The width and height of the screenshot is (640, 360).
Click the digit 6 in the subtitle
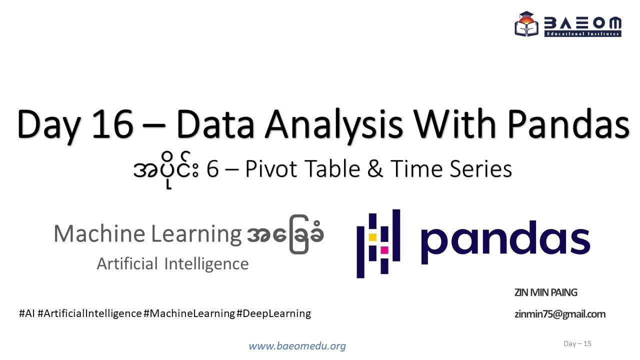coord(212,169)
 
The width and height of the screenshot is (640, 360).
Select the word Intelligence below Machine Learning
coord(206,263)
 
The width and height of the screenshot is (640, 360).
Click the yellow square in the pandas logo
coord(372,236)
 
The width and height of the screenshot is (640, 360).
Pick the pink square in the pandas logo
coord(384,249)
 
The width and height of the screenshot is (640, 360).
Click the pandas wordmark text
coord(505,239)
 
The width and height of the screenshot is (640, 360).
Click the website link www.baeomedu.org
coord(297,346)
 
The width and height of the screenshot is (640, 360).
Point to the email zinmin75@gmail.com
coord(559,314)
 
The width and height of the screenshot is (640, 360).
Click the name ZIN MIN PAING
coord(545,292)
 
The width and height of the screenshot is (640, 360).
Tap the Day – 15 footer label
coord(577,343)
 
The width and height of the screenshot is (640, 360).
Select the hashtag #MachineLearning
coord(189,313)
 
